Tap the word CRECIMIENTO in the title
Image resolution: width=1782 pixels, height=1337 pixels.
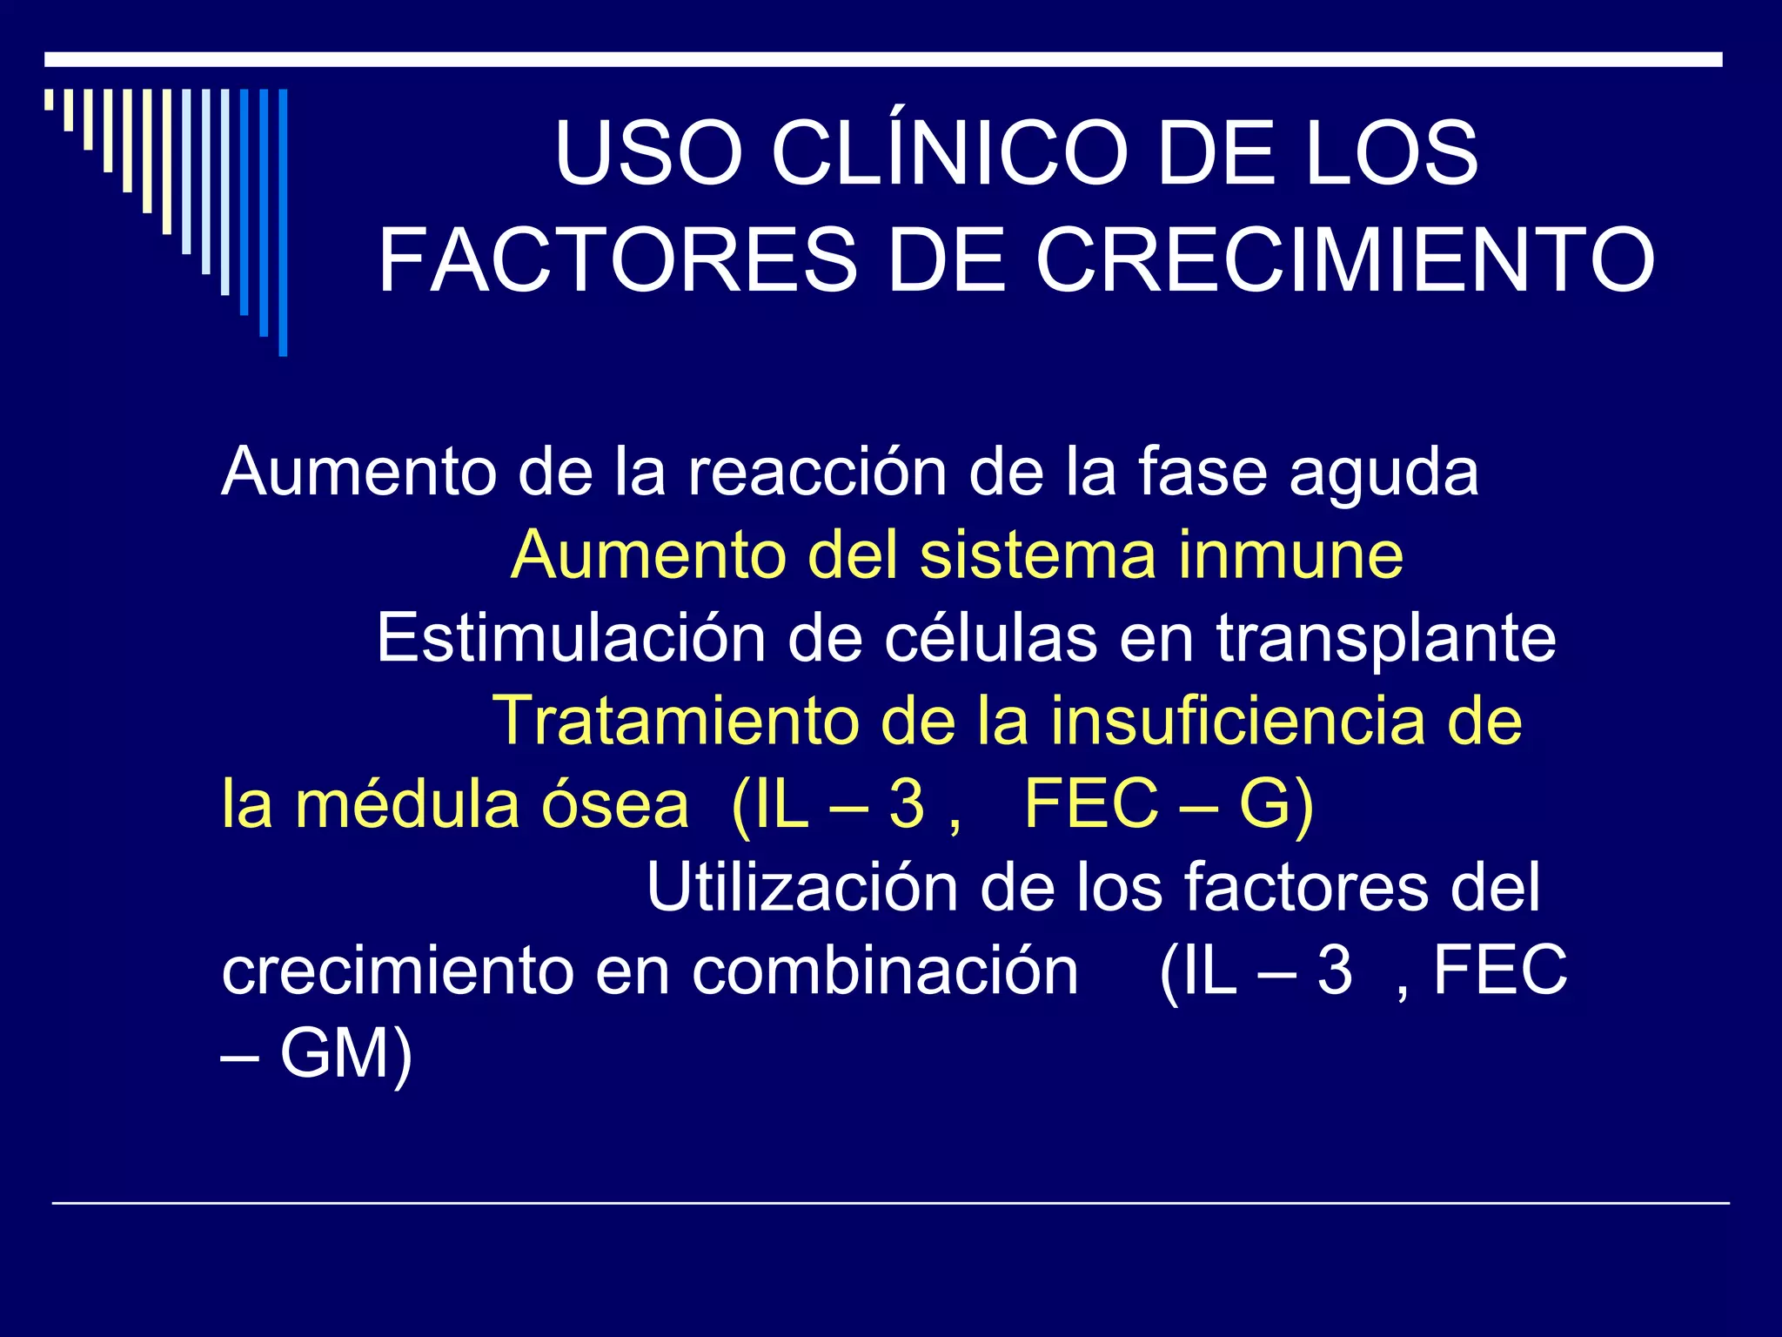click(x=1344, y=260)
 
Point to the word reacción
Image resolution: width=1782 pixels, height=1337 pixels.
click(x=817, y=473)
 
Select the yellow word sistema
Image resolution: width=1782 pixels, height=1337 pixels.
click(x=1037, y=554)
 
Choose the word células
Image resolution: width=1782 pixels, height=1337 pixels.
click(x=991, y=638)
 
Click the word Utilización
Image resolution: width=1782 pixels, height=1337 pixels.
click(x=801, y=887)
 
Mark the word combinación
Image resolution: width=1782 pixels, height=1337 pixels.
click(x=885, y=971)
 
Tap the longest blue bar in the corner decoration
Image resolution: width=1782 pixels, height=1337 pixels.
click(x=283, y=223)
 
